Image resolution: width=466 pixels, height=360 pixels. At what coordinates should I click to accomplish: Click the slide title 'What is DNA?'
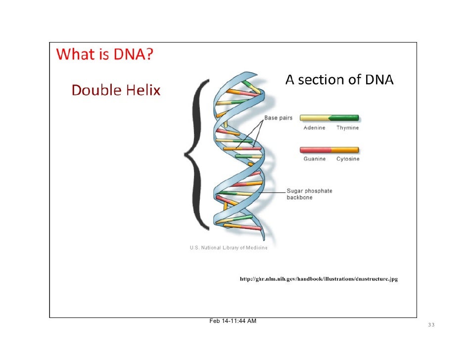(x=104, y=55)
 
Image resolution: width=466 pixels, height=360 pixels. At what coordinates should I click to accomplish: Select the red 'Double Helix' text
(x=116, y=90)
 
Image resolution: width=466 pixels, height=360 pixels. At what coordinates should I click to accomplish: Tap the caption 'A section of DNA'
(x=339, y=80)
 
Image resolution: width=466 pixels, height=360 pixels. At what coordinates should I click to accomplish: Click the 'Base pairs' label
(x=278, y=118)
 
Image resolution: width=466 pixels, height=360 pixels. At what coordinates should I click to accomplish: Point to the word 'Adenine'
(x=314, y=128)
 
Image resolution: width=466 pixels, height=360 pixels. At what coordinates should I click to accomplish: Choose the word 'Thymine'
(x=347, y=128)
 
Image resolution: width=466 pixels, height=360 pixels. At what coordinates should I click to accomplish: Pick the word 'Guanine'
(x=314, y=159)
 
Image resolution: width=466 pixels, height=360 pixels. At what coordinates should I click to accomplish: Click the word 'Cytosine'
(x=348, y=159)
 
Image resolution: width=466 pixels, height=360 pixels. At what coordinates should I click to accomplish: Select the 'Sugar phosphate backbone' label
(x=309, y=194)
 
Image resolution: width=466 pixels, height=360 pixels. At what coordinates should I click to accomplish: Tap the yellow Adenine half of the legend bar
(x=315, y=118)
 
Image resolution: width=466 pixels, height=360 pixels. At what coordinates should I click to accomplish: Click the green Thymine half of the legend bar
(x=345, y=118)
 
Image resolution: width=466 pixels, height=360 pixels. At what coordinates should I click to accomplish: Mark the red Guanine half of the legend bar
(x=315, y=150)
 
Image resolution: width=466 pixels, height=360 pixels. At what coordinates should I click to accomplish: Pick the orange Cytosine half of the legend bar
(x=345, y=150)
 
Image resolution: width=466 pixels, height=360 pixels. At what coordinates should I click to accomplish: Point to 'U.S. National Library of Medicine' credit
(x=229, y=248)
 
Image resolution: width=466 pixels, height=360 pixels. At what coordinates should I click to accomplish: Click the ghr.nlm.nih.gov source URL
(x=319, y=279)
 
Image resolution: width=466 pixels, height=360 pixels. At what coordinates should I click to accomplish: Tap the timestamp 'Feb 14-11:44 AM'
(x=233, y=321)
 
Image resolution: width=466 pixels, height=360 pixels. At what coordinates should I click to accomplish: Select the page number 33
(x=431, y=325)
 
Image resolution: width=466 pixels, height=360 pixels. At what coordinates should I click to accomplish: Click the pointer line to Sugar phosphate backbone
(x=275, y=191)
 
